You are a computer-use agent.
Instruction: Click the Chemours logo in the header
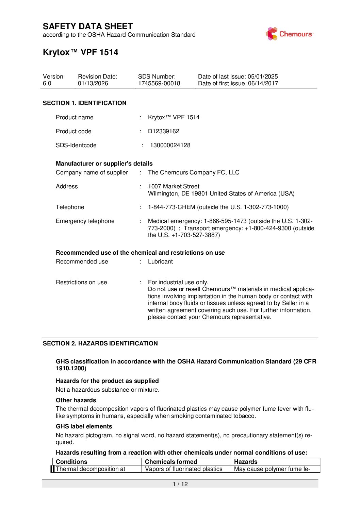coord(289,34)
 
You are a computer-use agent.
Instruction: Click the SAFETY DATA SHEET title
coord(88,27)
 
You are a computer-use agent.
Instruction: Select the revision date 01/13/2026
coord(93,84)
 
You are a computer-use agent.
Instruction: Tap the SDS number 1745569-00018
coord(159,84)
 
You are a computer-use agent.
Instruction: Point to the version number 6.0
coord(47,84)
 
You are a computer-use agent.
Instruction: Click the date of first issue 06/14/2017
coord(263,84)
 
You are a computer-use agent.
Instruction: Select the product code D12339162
coord(163,131)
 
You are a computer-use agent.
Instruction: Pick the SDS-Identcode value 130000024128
coord(170,145)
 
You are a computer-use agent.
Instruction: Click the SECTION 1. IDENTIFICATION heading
coord(84,103)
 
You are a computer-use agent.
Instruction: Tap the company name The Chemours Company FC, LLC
coord(194,172)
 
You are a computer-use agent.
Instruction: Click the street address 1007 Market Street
coord(174,186)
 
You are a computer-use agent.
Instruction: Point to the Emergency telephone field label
coord(85,221)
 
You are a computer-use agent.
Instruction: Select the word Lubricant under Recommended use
coord(160,261)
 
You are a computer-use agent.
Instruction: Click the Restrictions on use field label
coord(81,282)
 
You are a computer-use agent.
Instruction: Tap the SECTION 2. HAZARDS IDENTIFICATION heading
coord(100,343)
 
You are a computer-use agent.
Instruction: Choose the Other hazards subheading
coord(76,400)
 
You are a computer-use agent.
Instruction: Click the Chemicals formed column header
coord(171,462)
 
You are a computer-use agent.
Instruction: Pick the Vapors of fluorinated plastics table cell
coord(183,469)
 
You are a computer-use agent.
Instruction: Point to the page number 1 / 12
coord(180,484)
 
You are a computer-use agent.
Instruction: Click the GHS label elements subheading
coord(84,426)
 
